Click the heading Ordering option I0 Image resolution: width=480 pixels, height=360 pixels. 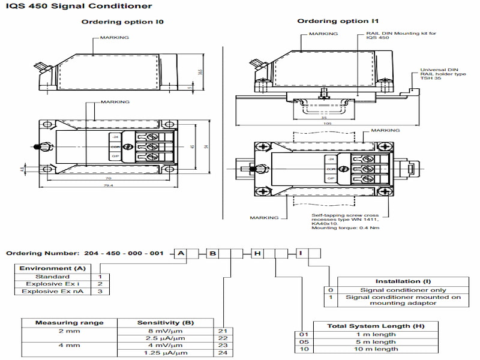pos(122,22)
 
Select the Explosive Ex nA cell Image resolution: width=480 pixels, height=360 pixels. pos(46,291)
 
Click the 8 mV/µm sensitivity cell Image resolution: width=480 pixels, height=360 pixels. pos(165,331)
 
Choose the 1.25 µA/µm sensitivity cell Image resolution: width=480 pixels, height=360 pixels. pos(165,353)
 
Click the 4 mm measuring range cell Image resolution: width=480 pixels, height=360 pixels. pos(69,346)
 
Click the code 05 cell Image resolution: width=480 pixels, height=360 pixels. pos(305,341)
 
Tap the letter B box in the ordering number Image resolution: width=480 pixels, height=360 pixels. pos(213,254)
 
